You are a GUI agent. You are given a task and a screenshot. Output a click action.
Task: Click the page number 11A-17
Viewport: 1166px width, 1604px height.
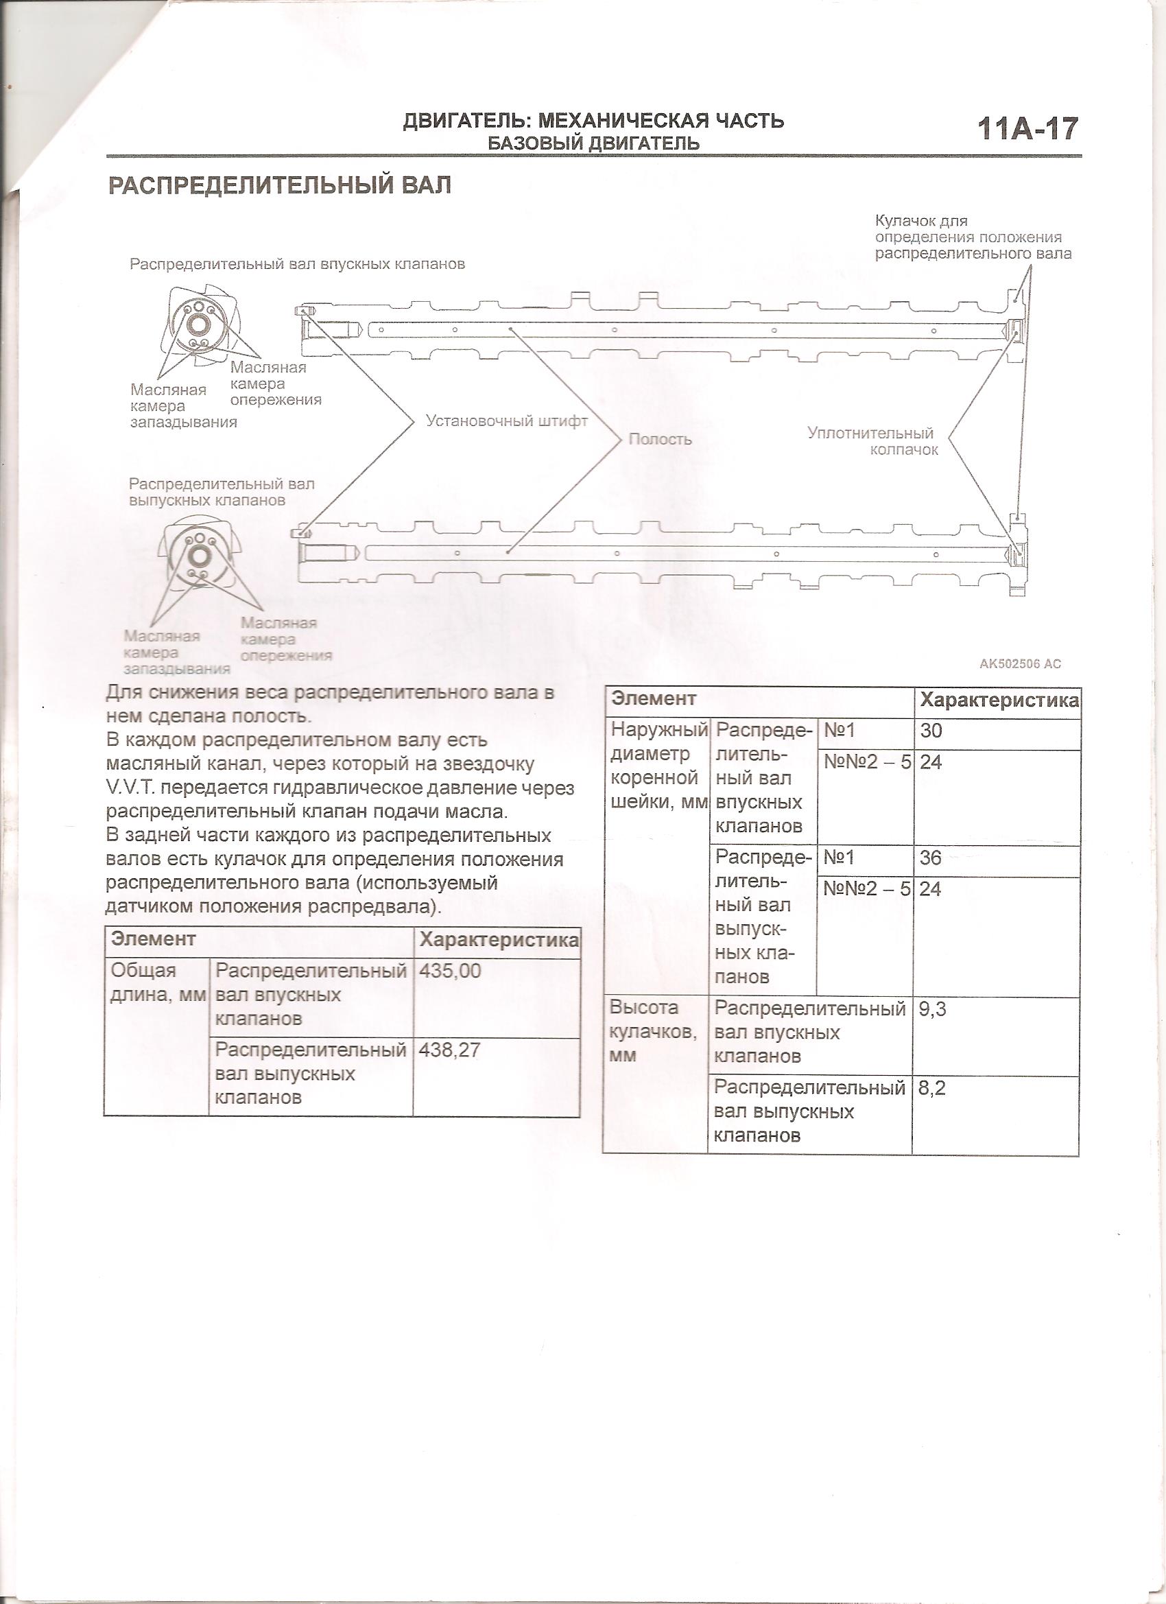tap(1027, 130)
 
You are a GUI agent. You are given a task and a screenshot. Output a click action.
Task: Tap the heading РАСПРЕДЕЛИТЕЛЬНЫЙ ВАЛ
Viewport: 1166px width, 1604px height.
tap(279, 186)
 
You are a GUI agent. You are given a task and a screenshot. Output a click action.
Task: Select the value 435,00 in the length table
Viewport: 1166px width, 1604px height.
tap(450, 971)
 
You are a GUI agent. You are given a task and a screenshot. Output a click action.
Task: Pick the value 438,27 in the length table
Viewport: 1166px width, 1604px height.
tap(450, 1050)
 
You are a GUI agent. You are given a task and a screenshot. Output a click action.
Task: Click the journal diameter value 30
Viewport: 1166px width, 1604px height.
tap(931, 731)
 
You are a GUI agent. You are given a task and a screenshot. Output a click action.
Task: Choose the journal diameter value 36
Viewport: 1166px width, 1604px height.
tap(931, 858)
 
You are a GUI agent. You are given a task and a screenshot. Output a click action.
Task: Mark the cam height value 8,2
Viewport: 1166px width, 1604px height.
tap(931, 1087)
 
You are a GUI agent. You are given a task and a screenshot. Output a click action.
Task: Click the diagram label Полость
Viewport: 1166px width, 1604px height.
tap(660, 439)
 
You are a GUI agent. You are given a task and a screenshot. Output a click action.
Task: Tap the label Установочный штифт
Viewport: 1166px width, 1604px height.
tap(506, 421)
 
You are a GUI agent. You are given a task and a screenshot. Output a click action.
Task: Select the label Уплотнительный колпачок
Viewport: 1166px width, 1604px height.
tap(870, 441)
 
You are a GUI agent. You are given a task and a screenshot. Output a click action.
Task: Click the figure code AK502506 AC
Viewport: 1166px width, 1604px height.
tap(1020, 663)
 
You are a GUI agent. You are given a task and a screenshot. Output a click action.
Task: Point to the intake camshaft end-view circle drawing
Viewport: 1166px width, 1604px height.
tap(198, 323)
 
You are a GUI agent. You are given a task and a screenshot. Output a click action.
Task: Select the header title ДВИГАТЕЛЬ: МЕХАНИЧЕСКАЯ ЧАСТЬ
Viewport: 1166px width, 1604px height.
tap(593, 121)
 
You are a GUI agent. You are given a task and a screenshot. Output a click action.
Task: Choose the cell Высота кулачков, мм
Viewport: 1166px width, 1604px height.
tap(654, 1031)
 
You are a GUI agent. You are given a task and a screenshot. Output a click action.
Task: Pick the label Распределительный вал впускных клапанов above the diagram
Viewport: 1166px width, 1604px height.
tap(297, 265)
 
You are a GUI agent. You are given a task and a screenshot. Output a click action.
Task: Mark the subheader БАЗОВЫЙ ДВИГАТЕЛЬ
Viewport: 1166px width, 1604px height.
tap(593, 143)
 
